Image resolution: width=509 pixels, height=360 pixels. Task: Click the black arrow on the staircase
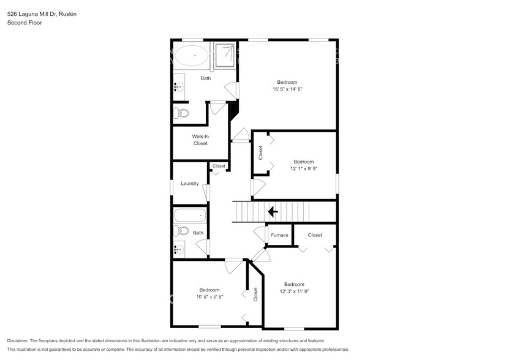pyautogui.click(x=273, y=212)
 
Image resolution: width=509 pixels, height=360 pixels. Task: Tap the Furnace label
pyautogui.click(x=279, y=235)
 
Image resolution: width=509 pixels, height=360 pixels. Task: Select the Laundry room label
pyautogui.click(x=189, y=183)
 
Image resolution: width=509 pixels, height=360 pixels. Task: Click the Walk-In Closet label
pyautogui.click(x=200, y=140)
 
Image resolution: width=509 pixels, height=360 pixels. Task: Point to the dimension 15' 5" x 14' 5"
pyautogui.click(x=287, y=89)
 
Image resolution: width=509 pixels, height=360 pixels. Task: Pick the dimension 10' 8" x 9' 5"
pyautogui.click(x=209, y=297)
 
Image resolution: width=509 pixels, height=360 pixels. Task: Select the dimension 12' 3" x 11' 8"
pyautogui.click(x=294, y=291)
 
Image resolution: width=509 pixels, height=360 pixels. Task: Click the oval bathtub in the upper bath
pyautogui.click(x=192, y=56)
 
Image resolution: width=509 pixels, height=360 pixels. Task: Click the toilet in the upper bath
pyautogui.click(x=181, y=113)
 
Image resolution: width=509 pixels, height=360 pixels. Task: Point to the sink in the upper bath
pyautogui.click(x=179, y=87)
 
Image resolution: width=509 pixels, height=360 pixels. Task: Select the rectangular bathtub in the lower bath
pyautogui.click(x=191, y=216)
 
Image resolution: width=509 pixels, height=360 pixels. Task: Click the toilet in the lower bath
pyautogui.click(x=181, y=231)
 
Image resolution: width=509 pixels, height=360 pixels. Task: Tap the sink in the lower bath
pyautogui.click(x=179, y=249)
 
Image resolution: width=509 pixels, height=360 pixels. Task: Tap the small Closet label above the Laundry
pyautogui.click(x=219, y=166)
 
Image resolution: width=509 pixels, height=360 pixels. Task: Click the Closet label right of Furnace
pyautogui.click(x=315, y=235)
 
